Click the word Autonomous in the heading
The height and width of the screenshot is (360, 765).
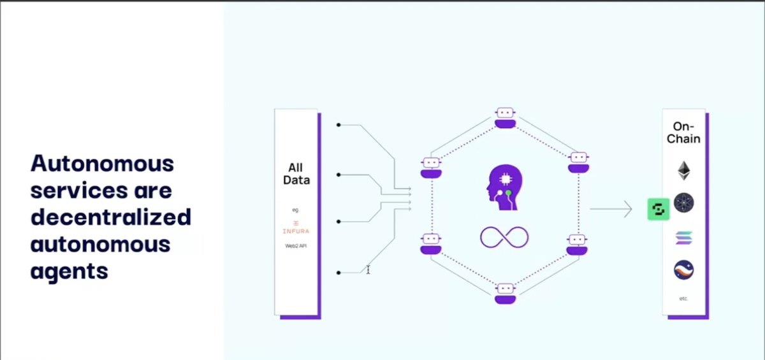[102, 164]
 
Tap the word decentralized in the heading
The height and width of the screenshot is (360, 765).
[111, 217]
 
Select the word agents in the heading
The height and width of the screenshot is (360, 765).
[69, 272]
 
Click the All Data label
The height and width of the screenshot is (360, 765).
[296, 174]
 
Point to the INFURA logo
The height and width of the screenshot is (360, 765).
[296, 227]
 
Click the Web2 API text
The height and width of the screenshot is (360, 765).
[296, 246]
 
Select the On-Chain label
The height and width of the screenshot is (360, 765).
[683, 133]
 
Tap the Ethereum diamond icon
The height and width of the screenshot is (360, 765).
[683, 170]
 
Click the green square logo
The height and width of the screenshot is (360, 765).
[659, 209]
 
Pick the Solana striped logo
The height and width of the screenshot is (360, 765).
[683, 238]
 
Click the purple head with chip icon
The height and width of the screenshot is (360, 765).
[504, 187]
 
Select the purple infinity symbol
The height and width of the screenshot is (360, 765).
[504, 237]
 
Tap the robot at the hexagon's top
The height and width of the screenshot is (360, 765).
[505, 118]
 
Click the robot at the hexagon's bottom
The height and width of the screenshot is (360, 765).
[505, 294]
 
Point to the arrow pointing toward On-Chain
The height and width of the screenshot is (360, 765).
[611, 209]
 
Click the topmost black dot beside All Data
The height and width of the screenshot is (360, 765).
[339, 125]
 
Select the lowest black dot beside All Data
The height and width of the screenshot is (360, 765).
[339, 273]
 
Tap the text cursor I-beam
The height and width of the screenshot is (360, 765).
[368, 270]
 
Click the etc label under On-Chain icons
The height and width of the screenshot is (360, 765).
[683, 299]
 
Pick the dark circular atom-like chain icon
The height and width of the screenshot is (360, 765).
[683, 203]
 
